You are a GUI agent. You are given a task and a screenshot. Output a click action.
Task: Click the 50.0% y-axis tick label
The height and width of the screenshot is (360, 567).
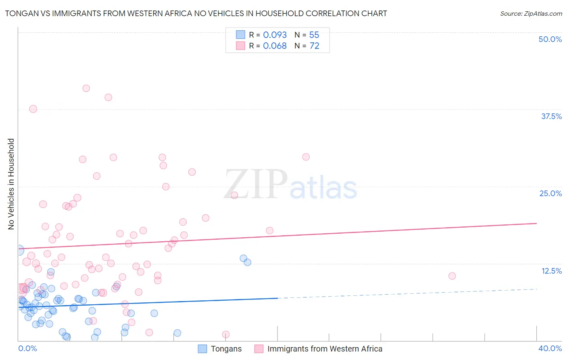(550, 39)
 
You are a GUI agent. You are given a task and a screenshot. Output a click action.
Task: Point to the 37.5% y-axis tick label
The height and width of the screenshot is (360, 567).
(551, 116)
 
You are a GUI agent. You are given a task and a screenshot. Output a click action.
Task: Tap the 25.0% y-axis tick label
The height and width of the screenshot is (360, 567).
(550, 193)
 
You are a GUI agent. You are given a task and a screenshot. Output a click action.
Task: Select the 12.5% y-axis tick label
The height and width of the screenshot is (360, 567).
(551, 271)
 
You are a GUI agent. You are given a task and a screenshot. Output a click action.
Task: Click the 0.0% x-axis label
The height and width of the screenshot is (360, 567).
(27, 348)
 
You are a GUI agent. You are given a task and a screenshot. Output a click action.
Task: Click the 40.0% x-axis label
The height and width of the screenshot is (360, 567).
(550, 348)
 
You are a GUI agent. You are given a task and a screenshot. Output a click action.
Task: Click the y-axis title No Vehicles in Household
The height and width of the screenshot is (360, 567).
(11, 184)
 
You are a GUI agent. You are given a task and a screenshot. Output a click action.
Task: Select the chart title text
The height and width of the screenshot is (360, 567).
(196, 14)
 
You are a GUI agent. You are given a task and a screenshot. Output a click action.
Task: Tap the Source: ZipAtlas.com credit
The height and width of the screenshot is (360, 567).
(531, 14)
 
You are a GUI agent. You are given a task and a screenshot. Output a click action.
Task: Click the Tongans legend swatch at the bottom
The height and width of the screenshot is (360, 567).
(202, 349)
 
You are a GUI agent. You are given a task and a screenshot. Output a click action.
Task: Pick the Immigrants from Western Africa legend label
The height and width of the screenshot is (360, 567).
(325, 349)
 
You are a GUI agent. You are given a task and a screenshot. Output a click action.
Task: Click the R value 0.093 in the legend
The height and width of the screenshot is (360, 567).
(275, 35)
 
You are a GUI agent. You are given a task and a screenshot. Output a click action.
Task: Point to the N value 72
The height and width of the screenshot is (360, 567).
(314, 46)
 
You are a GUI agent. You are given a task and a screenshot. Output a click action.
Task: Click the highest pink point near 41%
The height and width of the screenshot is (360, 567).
(86, 88)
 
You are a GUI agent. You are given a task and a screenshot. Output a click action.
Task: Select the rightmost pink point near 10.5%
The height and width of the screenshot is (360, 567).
(452, 276)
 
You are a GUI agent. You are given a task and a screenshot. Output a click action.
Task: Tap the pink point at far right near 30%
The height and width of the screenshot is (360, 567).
(306, 157)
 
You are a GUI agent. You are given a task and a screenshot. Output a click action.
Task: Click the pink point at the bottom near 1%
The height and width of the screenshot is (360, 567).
(226, 335)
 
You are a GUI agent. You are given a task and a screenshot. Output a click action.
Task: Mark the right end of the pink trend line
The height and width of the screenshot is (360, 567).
(536, 223)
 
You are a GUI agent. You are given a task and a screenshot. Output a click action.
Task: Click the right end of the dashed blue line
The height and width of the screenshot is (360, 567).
(536, 289)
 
